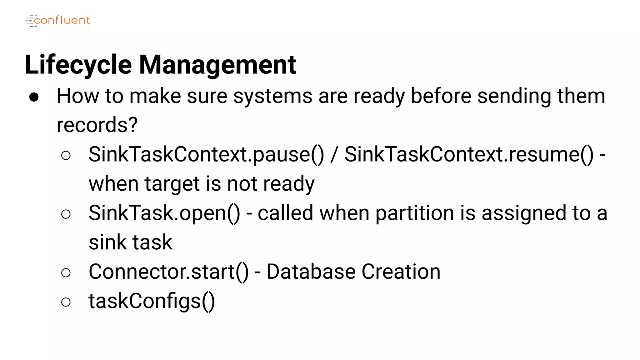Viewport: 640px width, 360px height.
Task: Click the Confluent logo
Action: (58, 21)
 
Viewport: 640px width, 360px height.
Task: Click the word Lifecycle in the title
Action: (78, 65)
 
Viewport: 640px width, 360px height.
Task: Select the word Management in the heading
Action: (217, 65)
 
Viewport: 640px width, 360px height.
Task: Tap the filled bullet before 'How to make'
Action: (34, 97)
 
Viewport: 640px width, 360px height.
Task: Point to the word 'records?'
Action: (97, 125)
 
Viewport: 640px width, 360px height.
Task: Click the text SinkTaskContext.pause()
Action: (206, 154)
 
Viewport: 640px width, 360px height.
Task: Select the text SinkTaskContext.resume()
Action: (469, 154)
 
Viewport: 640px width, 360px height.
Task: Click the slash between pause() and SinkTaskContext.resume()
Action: (334, 154)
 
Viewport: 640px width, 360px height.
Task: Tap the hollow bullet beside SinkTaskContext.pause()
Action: (66, 155)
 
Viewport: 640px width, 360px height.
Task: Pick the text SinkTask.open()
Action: (164, 213)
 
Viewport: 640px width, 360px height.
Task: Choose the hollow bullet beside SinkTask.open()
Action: (66, 214)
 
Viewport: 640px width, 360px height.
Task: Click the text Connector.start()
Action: (169, 272)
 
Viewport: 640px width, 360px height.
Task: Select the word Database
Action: (311, 272)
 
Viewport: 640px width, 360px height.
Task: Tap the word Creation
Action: (401, 272)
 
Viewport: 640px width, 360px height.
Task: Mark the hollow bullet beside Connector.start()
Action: (66, 273)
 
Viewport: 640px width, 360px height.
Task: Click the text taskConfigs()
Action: (152, 301)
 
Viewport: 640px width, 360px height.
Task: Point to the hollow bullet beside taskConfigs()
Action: (66, 302)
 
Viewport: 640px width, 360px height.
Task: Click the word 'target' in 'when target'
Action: (172, 184)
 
